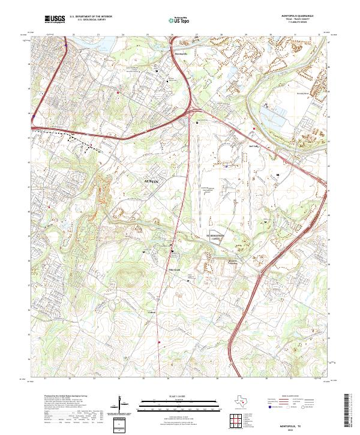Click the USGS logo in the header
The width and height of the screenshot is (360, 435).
click(x=55, y=19)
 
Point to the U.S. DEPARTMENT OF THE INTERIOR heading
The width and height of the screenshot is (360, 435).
click(x=90, y=16)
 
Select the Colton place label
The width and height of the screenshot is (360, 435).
click(x=151, y=312)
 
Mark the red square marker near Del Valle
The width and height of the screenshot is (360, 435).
click(x=254, y=128)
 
